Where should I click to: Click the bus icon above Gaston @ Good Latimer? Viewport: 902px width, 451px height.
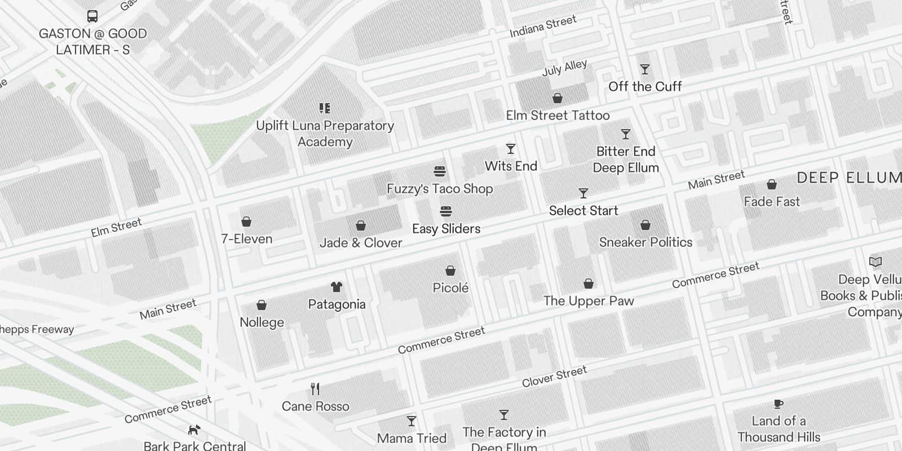pos(92,16)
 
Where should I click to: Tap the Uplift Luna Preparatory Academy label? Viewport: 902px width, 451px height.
pos(325,134)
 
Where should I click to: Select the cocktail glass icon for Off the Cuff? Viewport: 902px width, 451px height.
pos(645,69)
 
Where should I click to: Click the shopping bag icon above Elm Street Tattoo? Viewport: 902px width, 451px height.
pos(558,98)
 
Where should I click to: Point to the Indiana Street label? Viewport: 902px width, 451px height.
pos(543,26)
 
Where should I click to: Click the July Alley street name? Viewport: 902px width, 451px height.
pos(564,68)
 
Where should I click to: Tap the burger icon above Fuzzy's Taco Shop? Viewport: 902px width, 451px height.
pos(440,171)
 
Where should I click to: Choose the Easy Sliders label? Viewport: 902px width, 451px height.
pos(446,229)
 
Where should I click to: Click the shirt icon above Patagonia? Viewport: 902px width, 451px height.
pos(337,287)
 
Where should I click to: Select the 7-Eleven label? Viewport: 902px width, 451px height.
pos(246,239)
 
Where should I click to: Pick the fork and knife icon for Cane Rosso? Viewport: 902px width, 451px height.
pos(316,389)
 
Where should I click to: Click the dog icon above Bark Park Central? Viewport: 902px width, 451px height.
pos(194,430)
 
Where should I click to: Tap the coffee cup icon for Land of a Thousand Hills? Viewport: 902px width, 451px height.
pos(778,404)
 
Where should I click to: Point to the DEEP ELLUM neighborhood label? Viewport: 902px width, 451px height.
pos(848,178)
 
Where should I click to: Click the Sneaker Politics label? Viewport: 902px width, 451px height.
pos(645,242)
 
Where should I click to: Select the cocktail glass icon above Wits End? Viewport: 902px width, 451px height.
pos(511,149)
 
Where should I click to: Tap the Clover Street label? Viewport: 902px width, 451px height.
pos(554,377)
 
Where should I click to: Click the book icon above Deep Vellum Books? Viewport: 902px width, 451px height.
pos(875,262)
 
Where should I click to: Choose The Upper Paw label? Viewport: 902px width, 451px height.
pos(589,301)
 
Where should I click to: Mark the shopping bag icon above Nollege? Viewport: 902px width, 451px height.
pos(262,305)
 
